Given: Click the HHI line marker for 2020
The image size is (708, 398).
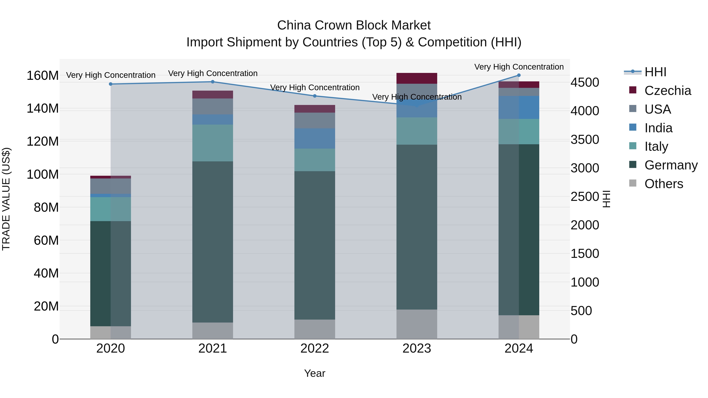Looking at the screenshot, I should click(111, 84).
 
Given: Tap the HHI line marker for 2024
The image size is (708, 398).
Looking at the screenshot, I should click(519, 75).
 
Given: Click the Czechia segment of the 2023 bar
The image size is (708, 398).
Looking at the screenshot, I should click(417, 78).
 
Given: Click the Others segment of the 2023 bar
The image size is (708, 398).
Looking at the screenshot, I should click(417, 324).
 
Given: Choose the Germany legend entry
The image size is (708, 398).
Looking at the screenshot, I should click(671, 165).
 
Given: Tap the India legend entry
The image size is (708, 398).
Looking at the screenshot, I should click(658, 128).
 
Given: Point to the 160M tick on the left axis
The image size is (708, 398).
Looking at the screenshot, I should click(43, 75).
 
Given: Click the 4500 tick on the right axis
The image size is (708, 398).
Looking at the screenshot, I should click(585, 82).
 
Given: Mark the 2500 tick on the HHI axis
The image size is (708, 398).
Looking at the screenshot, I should click(585, 197).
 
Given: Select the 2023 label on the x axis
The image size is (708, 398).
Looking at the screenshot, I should click(417, 348).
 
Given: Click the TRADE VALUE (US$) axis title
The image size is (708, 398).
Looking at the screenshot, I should click(6, 199).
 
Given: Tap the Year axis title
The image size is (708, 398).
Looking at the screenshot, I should click(315, 373).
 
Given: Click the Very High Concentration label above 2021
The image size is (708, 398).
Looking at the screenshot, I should click(213, 73).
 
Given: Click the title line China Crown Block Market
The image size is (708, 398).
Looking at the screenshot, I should click(354, 25).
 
